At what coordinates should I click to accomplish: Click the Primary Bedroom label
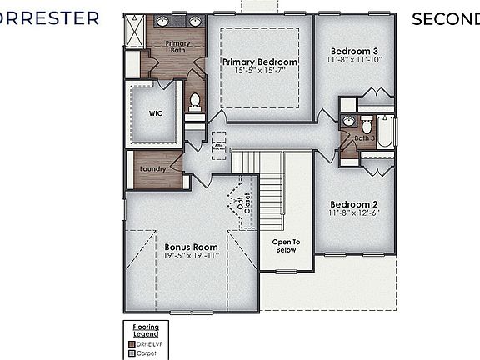pos(259,62)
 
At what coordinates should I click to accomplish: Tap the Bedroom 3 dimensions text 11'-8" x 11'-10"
pos(354,59)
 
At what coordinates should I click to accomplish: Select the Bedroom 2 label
pos(354,204)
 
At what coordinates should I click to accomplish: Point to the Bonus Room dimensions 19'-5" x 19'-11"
pos(191,257)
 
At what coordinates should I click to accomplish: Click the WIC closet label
pos(156,112)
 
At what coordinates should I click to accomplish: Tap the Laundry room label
pos(152,168)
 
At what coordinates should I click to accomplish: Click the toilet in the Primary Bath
pos(195,102)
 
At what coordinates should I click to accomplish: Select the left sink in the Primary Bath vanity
pos(162,21)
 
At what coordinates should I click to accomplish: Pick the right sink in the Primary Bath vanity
pos(194,21)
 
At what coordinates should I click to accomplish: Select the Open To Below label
pos(285,245)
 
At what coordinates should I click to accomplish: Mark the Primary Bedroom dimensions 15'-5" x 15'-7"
pos(259,72)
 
